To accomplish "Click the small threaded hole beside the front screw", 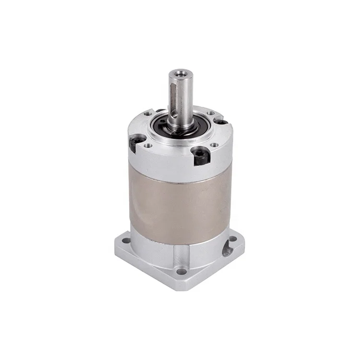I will tap(214, 144).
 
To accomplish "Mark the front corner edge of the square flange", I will tap(181, 286).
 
